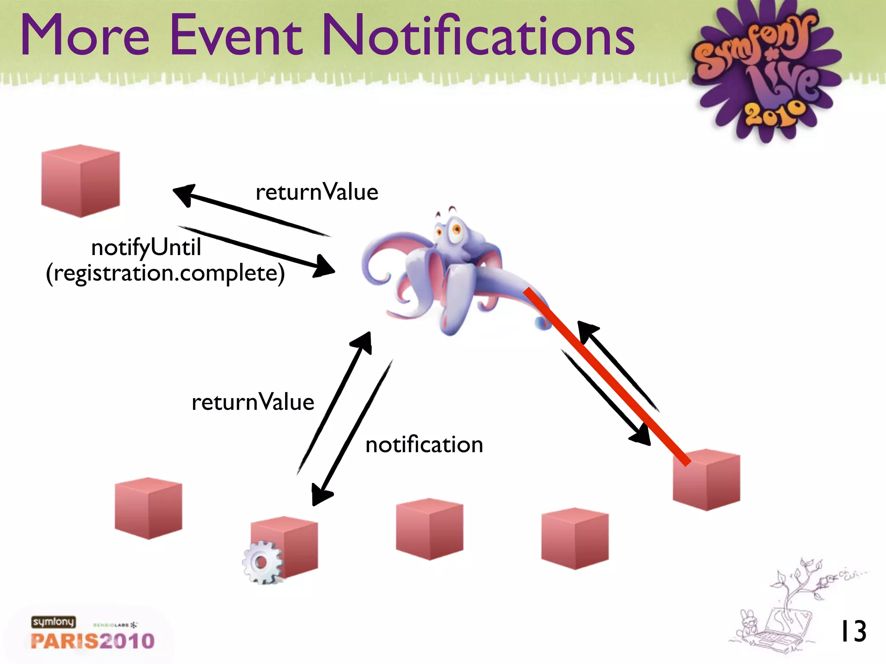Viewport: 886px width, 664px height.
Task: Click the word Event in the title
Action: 236,35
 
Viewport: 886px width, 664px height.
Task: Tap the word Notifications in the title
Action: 478,35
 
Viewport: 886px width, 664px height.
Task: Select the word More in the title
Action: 85,35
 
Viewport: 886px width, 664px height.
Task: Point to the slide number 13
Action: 853,632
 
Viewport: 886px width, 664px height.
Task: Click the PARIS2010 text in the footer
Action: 93,641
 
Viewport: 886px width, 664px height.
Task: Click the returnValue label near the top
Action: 317,192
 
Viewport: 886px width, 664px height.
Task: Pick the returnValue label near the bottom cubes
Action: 253,402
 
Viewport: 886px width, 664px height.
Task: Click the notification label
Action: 424,445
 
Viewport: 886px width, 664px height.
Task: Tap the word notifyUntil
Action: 146,248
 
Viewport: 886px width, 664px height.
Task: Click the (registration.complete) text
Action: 165,274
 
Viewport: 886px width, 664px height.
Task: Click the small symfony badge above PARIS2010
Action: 53,622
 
